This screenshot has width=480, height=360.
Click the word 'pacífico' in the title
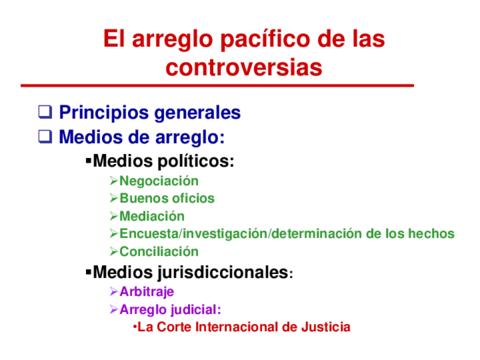coord(252,41)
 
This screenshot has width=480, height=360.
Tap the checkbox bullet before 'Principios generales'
coord(44,113)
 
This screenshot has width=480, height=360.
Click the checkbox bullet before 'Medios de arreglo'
coord(44,137)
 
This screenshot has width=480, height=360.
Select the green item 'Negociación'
coord(159,181)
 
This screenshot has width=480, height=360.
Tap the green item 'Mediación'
coord(151,216)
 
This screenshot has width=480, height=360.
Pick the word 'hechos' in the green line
coord(431,234)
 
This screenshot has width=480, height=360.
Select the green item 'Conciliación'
coord(158,252)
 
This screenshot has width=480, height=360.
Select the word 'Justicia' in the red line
coord(325,327)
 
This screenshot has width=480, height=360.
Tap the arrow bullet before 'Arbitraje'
coord(113,292)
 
